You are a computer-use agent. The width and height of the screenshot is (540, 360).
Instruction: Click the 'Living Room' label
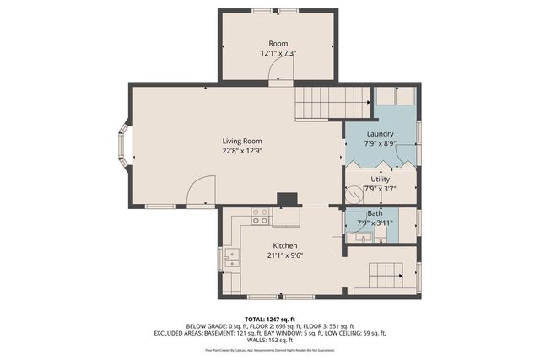tap(242, 141)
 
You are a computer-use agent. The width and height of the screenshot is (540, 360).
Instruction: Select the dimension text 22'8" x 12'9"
tap(242, 152)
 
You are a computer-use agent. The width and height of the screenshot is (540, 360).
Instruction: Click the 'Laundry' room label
tap(381, 133)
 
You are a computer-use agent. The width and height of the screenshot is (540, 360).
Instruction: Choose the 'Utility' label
tap(381, 179)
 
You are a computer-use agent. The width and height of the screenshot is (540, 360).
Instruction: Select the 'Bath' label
tap(375, 213)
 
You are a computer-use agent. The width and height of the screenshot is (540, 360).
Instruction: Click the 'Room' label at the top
tap(278, 43)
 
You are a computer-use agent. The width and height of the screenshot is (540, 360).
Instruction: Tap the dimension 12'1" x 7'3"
tap(278, 53)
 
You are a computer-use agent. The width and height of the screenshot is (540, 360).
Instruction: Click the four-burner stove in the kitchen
tap(260, 217)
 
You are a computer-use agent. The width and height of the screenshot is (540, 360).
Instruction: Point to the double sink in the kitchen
tap(230, 258)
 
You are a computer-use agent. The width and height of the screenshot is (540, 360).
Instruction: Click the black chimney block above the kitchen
tap(288, 200)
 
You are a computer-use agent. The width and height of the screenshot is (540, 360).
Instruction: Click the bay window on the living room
tap(123, 147)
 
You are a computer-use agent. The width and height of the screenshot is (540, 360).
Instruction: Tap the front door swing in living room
tap(200, 192)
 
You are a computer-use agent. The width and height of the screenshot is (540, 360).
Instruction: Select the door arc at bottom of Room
tap(280, 74)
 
